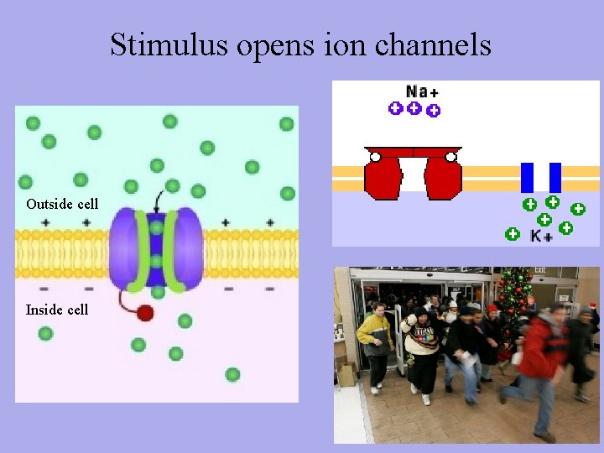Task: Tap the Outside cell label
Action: [62, 204]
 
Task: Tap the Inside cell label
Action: [57, 310]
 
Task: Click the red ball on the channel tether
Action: [145, 313]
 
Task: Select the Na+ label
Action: [422, 91]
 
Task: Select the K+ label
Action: [541, 237]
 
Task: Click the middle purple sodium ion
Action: [414, 107]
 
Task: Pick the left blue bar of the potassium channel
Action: [527, 177]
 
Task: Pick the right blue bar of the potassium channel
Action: [555, 177]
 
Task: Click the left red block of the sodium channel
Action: [383, 178]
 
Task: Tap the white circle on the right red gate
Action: [451, 156]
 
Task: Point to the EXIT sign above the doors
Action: [540, 271]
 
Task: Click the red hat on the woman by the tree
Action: [492, 309]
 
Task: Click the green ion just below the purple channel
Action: [158, 293]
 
